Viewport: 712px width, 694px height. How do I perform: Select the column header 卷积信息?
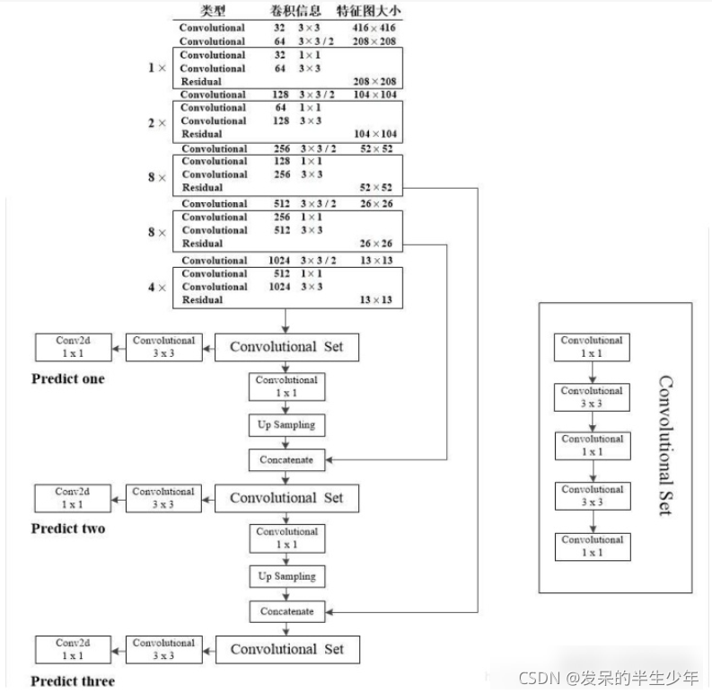tap(295, 12)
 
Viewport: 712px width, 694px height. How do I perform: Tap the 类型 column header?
tap(213, 12)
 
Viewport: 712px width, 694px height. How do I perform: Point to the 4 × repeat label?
tap(157, 287)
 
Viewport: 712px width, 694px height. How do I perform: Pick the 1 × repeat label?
tap(157, 68)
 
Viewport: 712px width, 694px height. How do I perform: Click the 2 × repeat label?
tap(157, 121)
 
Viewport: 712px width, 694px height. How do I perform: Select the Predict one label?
tap(68, 379)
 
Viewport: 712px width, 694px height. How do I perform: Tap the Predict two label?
tap(68, 529)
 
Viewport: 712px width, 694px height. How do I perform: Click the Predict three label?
tap(74, 681)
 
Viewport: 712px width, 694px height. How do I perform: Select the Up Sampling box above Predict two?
tap(286, 424)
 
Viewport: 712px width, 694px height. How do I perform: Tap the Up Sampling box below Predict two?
tap(286, 576)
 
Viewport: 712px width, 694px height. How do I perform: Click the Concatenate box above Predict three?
tap(286, 611)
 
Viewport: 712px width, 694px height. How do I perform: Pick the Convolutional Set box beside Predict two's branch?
tap(286, 498)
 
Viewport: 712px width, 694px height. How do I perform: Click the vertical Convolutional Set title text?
tap(665, 445)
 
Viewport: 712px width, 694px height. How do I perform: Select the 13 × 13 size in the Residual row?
tap(376, 300)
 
